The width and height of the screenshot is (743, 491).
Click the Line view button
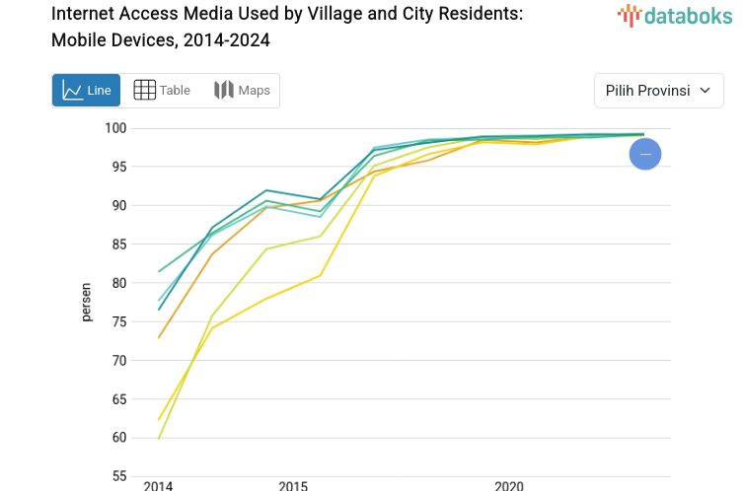tap(86, 91)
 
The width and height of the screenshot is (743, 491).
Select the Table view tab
tap(162, 91)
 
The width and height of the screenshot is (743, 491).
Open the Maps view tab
tap(242, 91)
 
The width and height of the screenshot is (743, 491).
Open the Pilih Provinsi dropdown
tap(658, 91)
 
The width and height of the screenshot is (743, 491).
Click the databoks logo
tap(675, 15)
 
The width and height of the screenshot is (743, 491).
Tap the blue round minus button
tap(645, 154)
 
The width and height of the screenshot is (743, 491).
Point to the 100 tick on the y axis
tap(116, 128)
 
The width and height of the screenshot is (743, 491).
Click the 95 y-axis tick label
tap(119, 167)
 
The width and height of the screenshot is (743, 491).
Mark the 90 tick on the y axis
tap(119, 205)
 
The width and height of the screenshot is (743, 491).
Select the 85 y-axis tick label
tap(119, 245)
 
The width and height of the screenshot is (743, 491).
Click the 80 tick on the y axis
tap(119, 283)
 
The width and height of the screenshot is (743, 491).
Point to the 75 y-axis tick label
tap(119, 321)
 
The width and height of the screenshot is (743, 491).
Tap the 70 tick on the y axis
tap(119, 361)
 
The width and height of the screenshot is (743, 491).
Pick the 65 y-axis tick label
tap(119, 399)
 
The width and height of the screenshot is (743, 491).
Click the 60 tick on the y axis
tap(119, 438)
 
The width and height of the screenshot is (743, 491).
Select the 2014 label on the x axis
tap(158, 485)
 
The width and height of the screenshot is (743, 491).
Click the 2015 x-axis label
tap(293, 485)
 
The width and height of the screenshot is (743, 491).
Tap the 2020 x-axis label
tap(509, 485)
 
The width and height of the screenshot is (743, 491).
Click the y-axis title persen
tap(86, 302)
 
